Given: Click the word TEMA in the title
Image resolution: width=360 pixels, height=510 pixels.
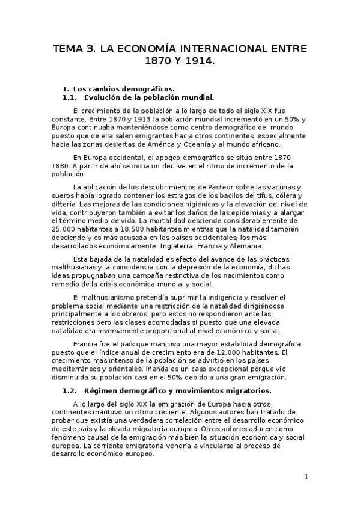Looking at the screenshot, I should [69, 49].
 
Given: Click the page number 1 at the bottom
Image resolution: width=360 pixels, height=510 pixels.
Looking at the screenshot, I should [307, 477].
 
